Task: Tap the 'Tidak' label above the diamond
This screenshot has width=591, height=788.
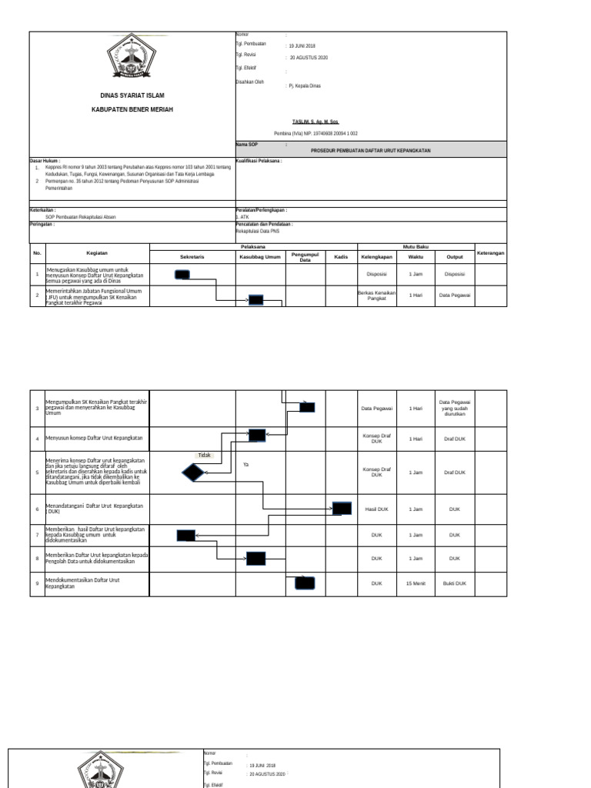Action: (x=204, y=455)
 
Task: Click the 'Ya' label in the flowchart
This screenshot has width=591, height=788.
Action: (x=246, y=465)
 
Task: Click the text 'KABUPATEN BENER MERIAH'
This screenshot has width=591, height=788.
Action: (x=132, y=110)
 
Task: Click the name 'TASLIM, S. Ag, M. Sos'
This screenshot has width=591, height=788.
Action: (x=315, y=122)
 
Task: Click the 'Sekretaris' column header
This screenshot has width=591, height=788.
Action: (x=192, y=255)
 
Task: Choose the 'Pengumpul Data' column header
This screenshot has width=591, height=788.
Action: (x=305, y=257)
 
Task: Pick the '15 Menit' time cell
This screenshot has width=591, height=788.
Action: (x=416, y=583)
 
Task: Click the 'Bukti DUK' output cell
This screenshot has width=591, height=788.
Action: (x=455, y=583)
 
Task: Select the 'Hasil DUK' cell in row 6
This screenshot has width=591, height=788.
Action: (x=376, y=509)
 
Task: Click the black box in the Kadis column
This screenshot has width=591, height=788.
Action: (x=342, y=508)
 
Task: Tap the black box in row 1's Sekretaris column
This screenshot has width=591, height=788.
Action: (x=182, y=274)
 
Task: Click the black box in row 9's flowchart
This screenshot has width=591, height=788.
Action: (x=305, y=583)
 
